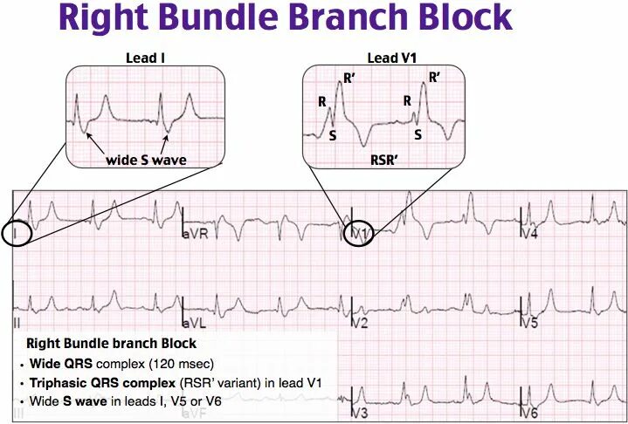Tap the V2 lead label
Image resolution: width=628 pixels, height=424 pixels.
(x=359, y=324)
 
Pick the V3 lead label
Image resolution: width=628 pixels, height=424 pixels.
(x=359, y=412)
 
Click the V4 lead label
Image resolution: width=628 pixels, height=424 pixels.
(x=529, y=236)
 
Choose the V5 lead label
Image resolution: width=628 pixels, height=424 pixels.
(x=529, y=324)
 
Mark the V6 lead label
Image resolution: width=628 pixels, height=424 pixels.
(x=529, y=412)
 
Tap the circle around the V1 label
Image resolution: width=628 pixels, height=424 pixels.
(x=358, y=234)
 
